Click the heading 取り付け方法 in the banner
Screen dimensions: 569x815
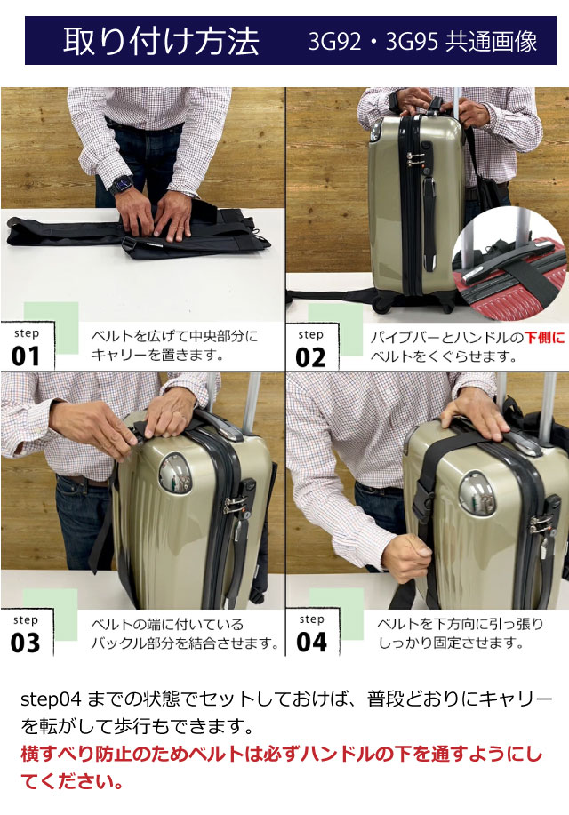point(161,41)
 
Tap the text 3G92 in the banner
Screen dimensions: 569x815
point(334,42)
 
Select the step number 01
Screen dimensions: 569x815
point(26,356)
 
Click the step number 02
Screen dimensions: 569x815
point(310,357)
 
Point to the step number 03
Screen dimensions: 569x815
point(25,643)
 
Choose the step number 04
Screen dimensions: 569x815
point(311,642)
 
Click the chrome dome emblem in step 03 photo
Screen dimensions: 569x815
point(175,474)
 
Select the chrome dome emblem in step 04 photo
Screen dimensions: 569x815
point(476,494)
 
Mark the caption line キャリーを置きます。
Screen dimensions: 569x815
point(157,356)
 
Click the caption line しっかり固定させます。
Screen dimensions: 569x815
point(451,643)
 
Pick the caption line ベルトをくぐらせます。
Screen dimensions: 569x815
point(443,357)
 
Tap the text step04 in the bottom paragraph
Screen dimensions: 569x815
point(51,699)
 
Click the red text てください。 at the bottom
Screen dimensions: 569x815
point(72,780)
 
